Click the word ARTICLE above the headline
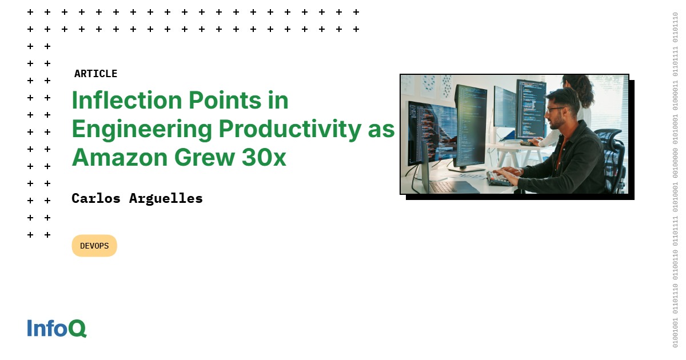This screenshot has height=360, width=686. pyautogui.click(x=95, y=74)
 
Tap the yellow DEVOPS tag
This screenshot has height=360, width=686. pyautogui.click(x=94, y=246)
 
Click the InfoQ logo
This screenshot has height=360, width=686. pyautogui.click(x=57, y=328)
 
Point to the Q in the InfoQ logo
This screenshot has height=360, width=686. pyautogui.click(x=77, y=329)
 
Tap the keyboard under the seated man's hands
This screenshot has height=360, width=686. pyautogui.click(x=498, y=178)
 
